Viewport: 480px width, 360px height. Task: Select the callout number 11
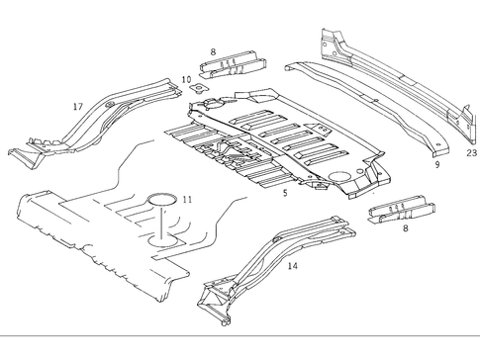click(x=187, y=201)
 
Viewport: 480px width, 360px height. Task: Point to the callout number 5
click(x=285, y=193)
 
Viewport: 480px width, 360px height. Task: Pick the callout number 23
click(x=471, y=153)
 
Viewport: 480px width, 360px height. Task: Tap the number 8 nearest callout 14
click(x=406, y=228)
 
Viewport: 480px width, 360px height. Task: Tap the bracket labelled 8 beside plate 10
click(x=233, y=65)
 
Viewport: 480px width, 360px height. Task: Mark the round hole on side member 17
click(x=109, y=106)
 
